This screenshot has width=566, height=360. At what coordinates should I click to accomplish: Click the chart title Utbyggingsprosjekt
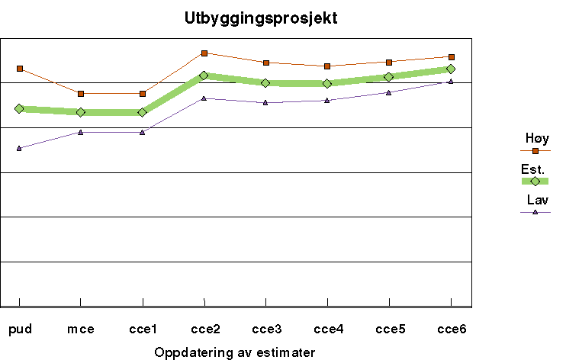point(260,18)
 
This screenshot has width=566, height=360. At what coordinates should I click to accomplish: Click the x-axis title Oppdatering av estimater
point(234,352)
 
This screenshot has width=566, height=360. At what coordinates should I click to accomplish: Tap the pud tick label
point(19,329)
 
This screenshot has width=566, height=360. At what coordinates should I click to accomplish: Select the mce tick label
point(81,329)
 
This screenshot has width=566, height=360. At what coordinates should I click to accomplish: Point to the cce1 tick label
point(142,329)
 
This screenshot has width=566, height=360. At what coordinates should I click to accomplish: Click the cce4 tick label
point(328,329)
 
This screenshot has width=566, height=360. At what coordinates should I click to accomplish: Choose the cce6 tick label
point(452,329)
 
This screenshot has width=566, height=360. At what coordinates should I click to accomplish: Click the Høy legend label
point(536,138)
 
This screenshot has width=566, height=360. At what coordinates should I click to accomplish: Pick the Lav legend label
point(536,200)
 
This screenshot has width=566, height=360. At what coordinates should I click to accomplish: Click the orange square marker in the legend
point(535,151)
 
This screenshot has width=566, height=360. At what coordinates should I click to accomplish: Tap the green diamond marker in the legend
point(535,182)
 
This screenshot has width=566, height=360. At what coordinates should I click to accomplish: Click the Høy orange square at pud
point(19,69)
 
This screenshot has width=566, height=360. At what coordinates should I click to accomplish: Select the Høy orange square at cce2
point(204,53)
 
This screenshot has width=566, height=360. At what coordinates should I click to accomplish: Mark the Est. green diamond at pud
point(19,109)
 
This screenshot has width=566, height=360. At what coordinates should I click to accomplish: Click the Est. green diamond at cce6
point(452,69)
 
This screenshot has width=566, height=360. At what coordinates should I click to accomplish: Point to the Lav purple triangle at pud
point(19,148)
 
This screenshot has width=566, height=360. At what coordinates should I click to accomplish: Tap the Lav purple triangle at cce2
point(204,98)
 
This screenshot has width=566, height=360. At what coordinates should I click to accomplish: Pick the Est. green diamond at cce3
point(265,82)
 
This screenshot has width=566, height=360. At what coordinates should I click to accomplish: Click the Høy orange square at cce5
point(390,62)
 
